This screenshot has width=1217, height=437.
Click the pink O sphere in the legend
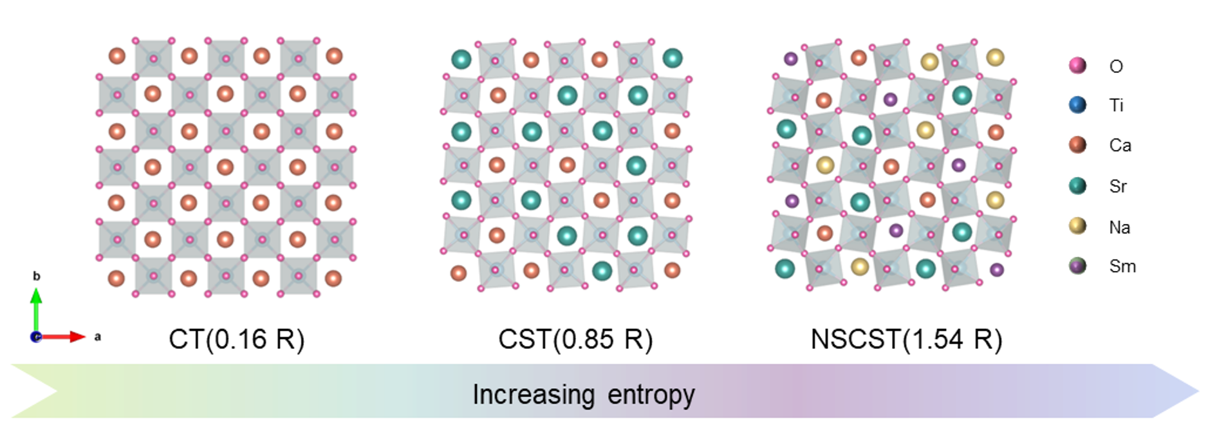[x=1077, y=65]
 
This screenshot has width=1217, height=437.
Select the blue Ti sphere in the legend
[x=1077, y=105]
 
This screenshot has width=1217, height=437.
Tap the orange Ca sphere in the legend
[x=1077, y=145]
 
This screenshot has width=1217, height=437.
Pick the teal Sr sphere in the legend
[x=1077, y=186]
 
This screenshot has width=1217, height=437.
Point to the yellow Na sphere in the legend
[x=1077, y=226]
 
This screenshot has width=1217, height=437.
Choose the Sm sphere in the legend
[x=1077, y=266]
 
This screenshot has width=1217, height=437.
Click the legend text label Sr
[x=1118, y=187]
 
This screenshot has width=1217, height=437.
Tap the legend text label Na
[x=1119, y=227]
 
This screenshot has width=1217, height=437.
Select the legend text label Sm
[x=1122, y=266]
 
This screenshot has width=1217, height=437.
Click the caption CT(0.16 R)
[x=236, y=339]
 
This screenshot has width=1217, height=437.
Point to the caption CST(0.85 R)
[x=575, y=339]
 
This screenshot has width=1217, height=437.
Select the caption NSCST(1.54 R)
[x=906, y=339]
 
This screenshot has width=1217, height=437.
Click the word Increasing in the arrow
[x=534, y=395]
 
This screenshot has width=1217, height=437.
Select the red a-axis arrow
[x=64, y=337]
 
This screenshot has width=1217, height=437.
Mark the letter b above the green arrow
[x=37, y=276]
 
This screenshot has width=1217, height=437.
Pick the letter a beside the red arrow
[x=98, y=337]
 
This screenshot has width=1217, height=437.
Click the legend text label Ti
[x=1116, y=106]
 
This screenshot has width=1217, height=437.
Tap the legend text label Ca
[x=1120, y=145]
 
